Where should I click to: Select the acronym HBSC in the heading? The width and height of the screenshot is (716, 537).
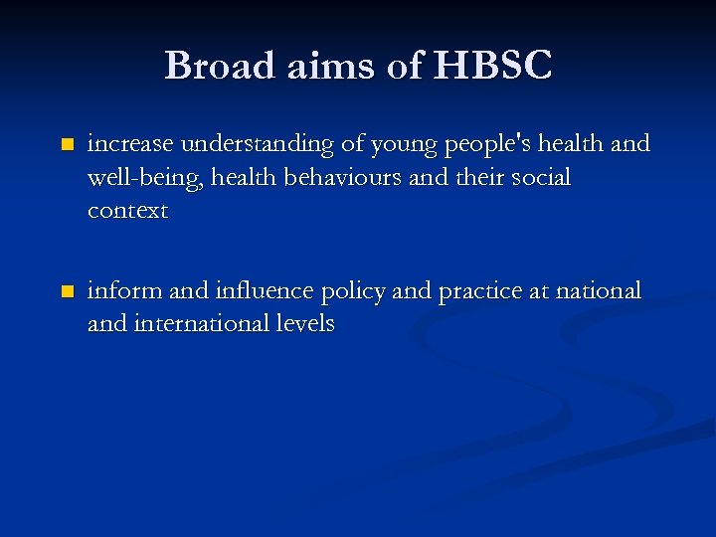tap(493, 66)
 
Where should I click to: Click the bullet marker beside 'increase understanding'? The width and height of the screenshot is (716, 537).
tap(67, 145)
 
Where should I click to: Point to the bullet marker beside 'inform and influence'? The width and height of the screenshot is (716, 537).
tap(67, 292)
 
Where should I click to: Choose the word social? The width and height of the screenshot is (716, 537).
tap(537, 178)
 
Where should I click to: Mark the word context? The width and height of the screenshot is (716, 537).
tap(127, 212)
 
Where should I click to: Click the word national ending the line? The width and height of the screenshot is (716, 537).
tap(600, 291)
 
